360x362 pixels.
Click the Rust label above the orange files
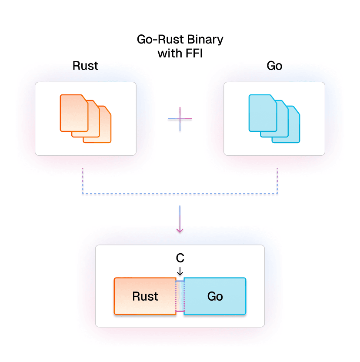86,66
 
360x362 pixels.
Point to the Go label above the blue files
274,66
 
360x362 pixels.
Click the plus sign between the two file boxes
180,119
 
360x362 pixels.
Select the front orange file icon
73,113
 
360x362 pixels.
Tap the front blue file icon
262,113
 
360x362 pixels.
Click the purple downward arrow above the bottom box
180,220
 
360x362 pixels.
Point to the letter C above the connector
180,258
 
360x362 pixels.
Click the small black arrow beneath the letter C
180,271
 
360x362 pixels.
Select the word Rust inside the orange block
145,297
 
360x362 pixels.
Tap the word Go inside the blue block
215,297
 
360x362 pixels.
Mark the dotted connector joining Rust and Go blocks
180,296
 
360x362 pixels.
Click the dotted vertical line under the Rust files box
83,179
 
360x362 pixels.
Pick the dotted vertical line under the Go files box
277,179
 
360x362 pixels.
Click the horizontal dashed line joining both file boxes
180,193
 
